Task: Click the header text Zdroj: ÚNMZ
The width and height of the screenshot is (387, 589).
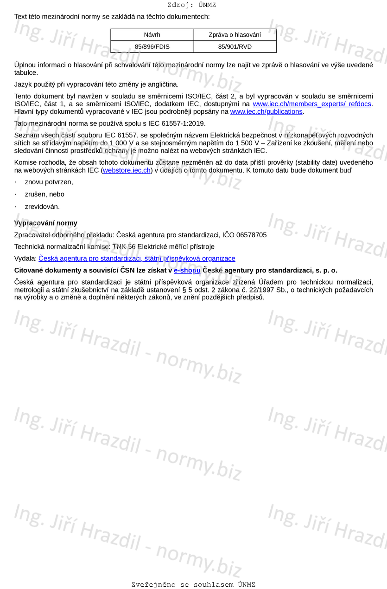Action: (x=191, y=5)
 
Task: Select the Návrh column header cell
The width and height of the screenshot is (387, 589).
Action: (x=152, y=35)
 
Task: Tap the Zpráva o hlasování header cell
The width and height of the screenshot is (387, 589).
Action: (x=235, y=35)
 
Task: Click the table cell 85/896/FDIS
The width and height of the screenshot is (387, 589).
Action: (x=152, y=47)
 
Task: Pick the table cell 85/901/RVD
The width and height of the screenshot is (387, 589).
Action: (x=235, y=47)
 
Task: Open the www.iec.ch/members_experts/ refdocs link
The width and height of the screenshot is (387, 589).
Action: (x=312, y=104)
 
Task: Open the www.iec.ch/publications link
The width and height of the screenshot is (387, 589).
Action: (x=266, y=111)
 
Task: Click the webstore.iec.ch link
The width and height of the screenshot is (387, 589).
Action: (x=127, y=170)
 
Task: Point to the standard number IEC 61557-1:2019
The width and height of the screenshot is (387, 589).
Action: (x=178, y=123)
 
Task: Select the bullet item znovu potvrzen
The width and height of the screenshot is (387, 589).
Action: (x=49, y=182)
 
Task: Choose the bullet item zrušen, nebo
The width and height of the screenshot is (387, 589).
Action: (x=44, y=194)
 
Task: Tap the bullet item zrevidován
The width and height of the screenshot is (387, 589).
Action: (x=42, y=207)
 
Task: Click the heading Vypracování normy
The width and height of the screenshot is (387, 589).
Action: (x=45, y=223)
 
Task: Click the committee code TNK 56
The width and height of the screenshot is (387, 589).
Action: (x=124, y=246)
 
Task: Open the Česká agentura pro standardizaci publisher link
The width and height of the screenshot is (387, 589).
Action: (x=137, y=259)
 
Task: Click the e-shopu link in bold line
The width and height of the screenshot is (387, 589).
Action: (x=187, y=270)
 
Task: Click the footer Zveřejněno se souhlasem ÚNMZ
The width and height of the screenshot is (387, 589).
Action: (x=193, y=584)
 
